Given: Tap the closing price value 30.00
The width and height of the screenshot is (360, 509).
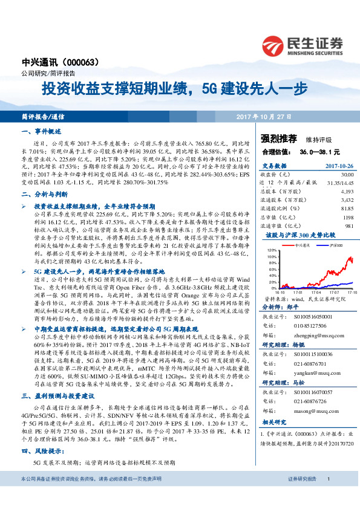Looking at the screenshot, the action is (x=346, y=173).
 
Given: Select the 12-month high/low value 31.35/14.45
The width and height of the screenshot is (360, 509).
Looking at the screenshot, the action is (x=339, y=181).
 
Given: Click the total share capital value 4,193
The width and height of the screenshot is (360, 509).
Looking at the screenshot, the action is (x=346, y=190).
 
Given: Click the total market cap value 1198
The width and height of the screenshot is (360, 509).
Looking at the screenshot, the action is (x=347, y=216).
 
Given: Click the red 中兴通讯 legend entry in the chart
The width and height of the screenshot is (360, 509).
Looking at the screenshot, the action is (x=299, y=245).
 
